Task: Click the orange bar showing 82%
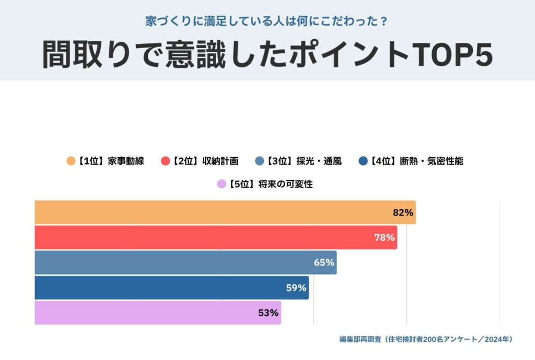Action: pos(225,212)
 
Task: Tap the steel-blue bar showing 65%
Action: pos(185,262)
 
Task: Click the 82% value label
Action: pos(403,213)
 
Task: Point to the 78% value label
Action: pos(384,238)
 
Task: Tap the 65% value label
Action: pos(324,263)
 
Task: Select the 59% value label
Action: pos(296,288)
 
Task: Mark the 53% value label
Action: pos(269,313)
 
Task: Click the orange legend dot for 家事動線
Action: pos(71,161)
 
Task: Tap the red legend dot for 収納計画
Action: pos(166,161)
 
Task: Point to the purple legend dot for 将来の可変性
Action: pos(222,184)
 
